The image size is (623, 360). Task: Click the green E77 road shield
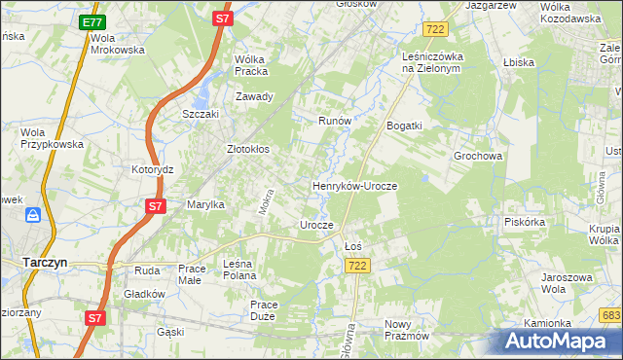click(x=92, y=21)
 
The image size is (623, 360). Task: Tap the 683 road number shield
click(x=611, y=315)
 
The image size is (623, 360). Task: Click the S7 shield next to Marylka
click(x=155, y=206)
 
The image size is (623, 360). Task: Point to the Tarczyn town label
click(x=44, y=262)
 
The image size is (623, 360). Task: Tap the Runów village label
click(x=334, y=121)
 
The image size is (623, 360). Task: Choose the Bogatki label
click(x=404, y=126)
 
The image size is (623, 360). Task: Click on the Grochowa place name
click(x=477, y=156)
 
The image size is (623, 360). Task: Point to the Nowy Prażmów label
click(x=407, y=330)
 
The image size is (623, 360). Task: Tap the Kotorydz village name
click(x=152, y=168)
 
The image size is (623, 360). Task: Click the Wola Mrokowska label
click(x=117, y=44)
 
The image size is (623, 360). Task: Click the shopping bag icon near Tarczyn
click(x=32, y=214)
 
